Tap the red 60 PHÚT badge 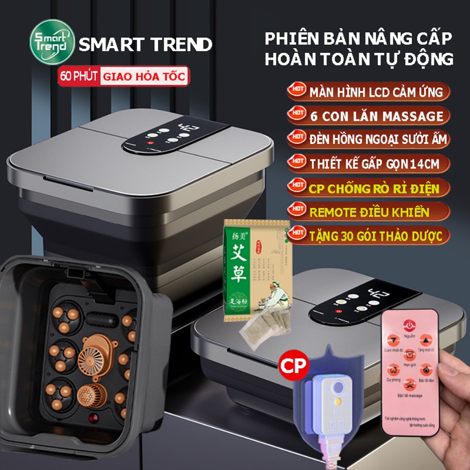[x=78, y=76]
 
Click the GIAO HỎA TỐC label [x=144, y=76]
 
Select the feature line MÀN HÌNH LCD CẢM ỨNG [x=375, y=92]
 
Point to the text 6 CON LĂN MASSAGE [x=375, y=116]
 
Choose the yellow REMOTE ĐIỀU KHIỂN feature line [x=369, y=212]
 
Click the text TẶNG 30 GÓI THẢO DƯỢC [x=375, y=236]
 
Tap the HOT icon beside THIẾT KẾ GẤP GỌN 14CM [x=297, y=162]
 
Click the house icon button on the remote [x=393, y=369]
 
